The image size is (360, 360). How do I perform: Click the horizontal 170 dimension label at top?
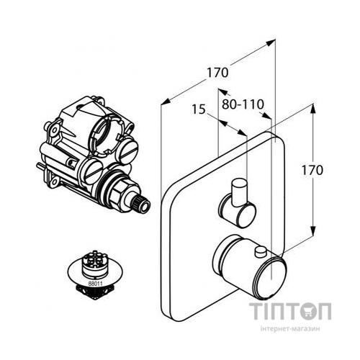click(217, 73)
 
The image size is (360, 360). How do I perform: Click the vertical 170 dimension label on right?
click(312, 170)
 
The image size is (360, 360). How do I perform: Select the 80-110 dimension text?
click(243, 104)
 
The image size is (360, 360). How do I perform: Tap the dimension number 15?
click(199, 109)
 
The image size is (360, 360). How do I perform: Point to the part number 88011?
click(95, 284)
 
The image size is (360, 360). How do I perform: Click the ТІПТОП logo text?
click(290, 311)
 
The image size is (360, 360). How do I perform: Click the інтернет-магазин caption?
click(290, 329)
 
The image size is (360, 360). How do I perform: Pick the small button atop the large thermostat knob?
click(261, 252)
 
